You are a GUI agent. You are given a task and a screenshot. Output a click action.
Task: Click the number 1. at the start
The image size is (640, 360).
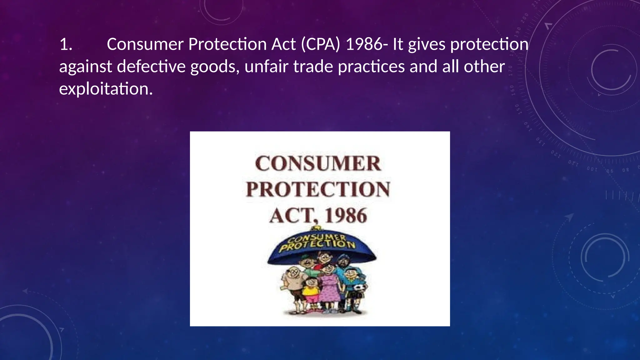pos(66,45)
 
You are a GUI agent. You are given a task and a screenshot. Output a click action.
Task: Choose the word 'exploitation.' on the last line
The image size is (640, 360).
pos(106,89)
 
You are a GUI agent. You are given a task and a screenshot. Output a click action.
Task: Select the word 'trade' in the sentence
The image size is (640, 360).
pos(313,67)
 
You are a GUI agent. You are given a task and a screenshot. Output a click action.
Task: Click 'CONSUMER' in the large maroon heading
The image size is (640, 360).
pos(318,163)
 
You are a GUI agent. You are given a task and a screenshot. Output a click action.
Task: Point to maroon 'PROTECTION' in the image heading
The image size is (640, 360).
pos(318,189)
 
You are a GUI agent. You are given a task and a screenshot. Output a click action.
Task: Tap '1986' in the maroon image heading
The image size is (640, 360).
pos(346,216)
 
